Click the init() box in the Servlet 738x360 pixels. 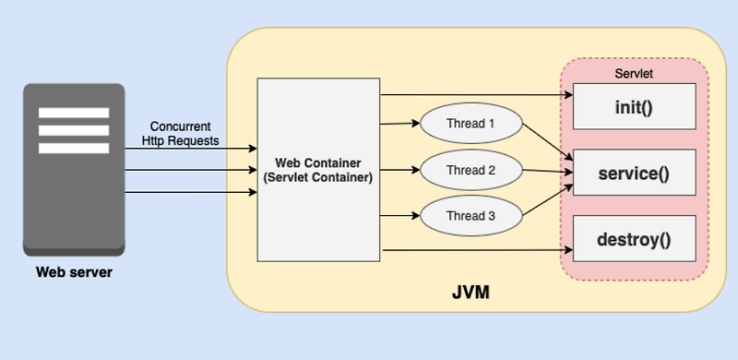(633, 106)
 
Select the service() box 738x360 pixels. (633, 172)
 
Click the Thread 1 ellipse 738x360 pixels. (470, 123)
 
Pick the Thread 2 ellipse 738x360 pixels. (470, 170)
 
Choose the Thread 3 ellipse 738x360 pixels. (470, 216)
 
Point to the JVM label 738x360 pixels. (470, 293)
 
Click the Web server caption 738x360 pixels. (74, 271)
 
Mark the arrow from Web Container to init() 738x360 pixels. (475, 94)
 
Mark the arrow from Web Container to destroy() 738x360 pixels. (475, 250)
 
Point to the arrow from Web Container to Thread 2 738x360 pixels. (399, 170)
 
